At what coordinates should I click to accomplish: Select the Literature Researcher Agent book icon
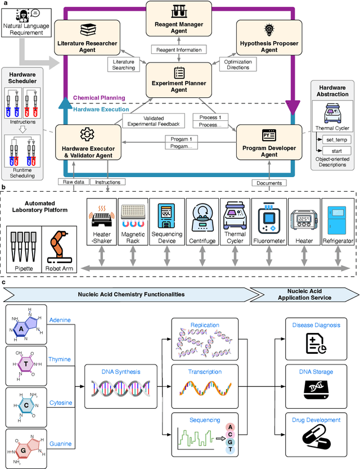[x=88, y=30]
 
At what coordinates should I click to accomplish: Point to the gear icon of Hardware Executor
[x=86, y=134]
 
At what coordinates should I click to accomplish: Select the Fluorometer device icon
[x=269, y=218]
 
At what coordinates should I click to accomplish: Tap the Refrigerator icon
[x=337, y=218]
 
